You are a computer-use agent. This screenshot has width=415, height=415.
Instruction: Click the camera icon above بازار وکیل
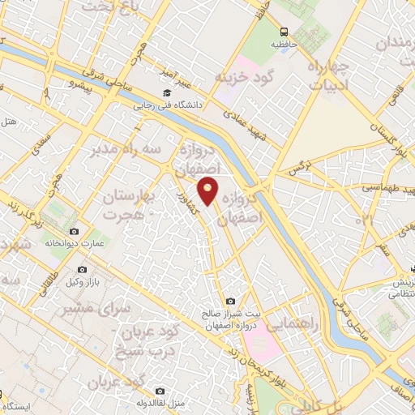click(x=82, y=269)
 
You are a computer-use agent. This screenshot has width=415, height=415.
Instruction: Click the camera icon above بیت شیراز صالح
click(x=231, y=301)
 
